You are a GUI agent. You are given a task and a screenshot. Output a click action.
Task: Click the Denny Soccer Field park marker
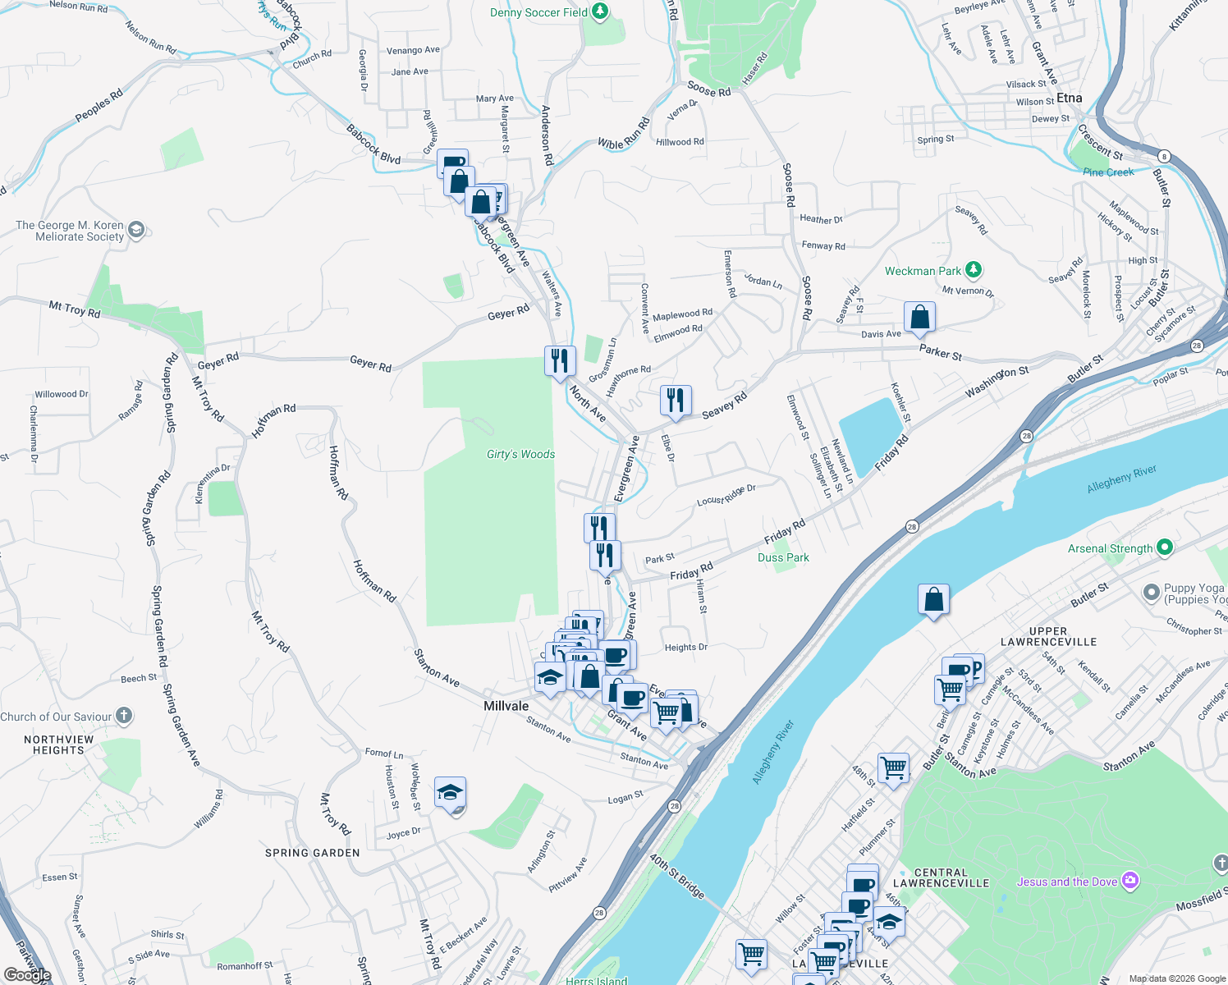(600, 11)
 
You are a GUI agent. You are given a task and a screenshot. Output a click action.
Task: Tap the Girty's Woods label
(520, 454)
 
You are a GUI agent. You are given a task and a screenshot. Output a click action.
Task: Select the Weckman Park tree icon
(973, 269)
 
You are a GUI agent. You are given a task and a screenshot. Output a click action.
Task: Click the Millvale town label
(506, 706)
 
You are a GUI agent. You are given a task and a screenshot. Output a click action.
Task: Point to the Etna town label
(1069, 98)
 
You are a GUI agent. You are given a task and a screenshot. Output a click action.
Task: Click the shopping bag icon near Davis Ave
(919, 317)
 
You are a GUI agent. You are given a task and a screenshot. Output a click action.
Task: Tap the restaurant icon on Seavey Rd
(676, 400)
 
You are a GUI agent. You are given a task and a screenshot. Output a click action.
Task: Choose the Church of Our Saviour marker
(123, 716)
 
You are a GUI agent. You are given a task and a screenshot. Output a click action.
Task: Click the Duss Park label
(783, 557)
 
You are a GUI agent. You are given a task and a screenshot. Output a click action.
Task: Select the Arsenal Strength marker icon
(1164, 547)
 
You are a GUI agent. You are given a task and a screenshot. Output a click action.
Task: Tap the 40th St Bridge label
(677, 877)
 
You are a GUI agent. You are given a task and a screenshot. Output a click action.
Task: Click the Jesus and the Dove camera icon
(1130, 881)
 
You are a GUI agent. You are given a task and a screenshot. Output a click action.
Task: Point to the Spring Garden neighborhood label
(312, 853)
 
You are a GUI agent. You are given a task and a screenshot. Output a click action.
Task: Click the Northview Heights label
(58, 744)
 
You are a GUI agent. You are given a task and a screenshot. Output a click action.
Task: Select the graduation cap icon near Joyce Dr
(450, 792)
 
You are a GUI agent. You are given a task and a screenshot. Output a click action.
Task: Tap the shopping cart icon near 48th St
(893, 768)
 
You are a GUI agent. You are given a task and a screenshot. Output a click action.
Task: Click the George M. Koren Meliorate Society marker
(136, 230)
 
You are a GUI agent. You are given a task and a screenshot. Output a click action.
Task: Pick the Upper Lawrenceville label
(1048, 636)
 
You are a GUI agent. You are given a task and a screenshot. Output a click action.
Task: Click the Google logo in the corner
(27, 974)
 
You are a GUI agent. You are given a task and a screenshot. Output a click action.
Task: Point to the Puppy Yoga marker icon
(1152, 592)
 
